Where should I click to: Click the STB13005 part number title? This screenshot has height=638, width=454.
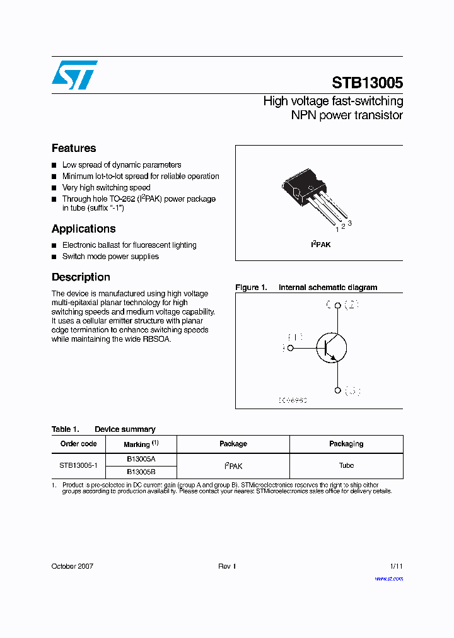tap(367, 83)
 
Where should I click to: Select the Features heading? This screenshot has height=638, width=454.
tap(74, 148)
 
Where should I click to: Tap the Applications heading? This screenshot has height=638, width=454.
tap(83, 229)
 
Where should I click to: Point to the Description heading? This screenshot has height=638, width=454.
tap(81, 277)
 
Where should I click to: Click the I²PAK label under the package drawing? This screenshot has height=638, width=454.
tap(320, 245)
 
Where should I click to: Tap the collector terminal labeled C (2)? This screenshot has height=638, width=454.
tap(337, 306)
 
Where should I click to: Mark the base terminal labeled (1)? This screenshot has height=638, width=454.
tap(291, 347)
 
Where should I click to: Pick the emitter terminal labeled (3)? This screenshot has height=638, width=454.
tap(337, 390)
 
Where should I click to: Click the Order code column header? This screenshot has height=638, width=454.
tap(78, 444)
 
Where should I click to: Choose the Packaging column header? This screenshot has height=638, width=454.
tap(346, 444)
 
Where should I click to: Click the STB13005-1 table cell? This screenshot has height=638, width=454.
tap(78, 466)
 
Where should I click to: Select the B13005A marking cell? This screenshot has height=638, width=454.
tap(141, 460)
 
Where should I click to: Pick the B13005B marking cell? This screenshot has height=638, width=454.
tap(141, 472)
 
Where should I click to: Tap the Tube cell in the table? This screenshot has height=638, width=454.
tap(346, 466)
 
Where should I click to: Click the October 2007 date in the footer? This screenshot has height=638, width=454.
tap(72, 566)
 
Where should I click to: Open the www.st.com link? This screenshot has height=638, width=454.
tap(388, 578)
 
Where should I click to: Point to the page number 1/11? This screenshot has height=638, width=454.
tap(395, 566)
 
